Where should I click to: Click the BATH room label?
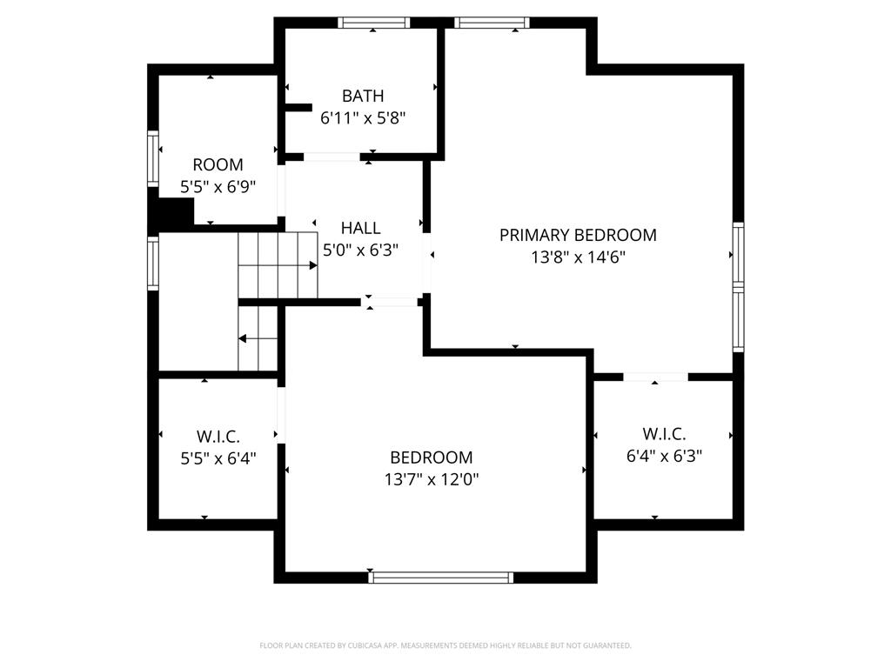362,96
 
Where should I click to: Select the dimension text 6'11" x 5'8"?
362,117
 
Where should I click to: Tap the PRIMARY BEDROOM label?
578,235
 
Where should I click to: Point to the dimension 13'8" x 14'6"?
578,257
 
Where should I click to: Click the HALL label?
360,228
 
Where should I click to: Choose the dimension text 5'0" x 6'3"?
360,250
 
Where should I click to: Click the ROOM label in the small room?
218,164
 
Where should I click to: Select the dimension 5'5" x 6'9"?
218,186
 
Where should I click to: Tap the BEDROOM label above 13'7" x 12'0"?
431,458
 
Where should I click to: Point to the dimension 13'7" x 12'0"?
431,479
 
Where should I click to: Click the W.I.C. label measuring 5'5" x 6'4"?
218,436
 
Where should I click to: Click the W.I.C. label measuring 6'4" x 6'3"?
664,433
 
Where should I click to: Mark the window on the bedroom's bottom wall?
441,577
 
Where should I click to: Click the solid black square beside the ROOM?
175,212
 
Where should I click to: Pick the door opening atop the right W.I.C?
655,377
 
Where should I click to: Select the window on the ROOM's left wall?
153,163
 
